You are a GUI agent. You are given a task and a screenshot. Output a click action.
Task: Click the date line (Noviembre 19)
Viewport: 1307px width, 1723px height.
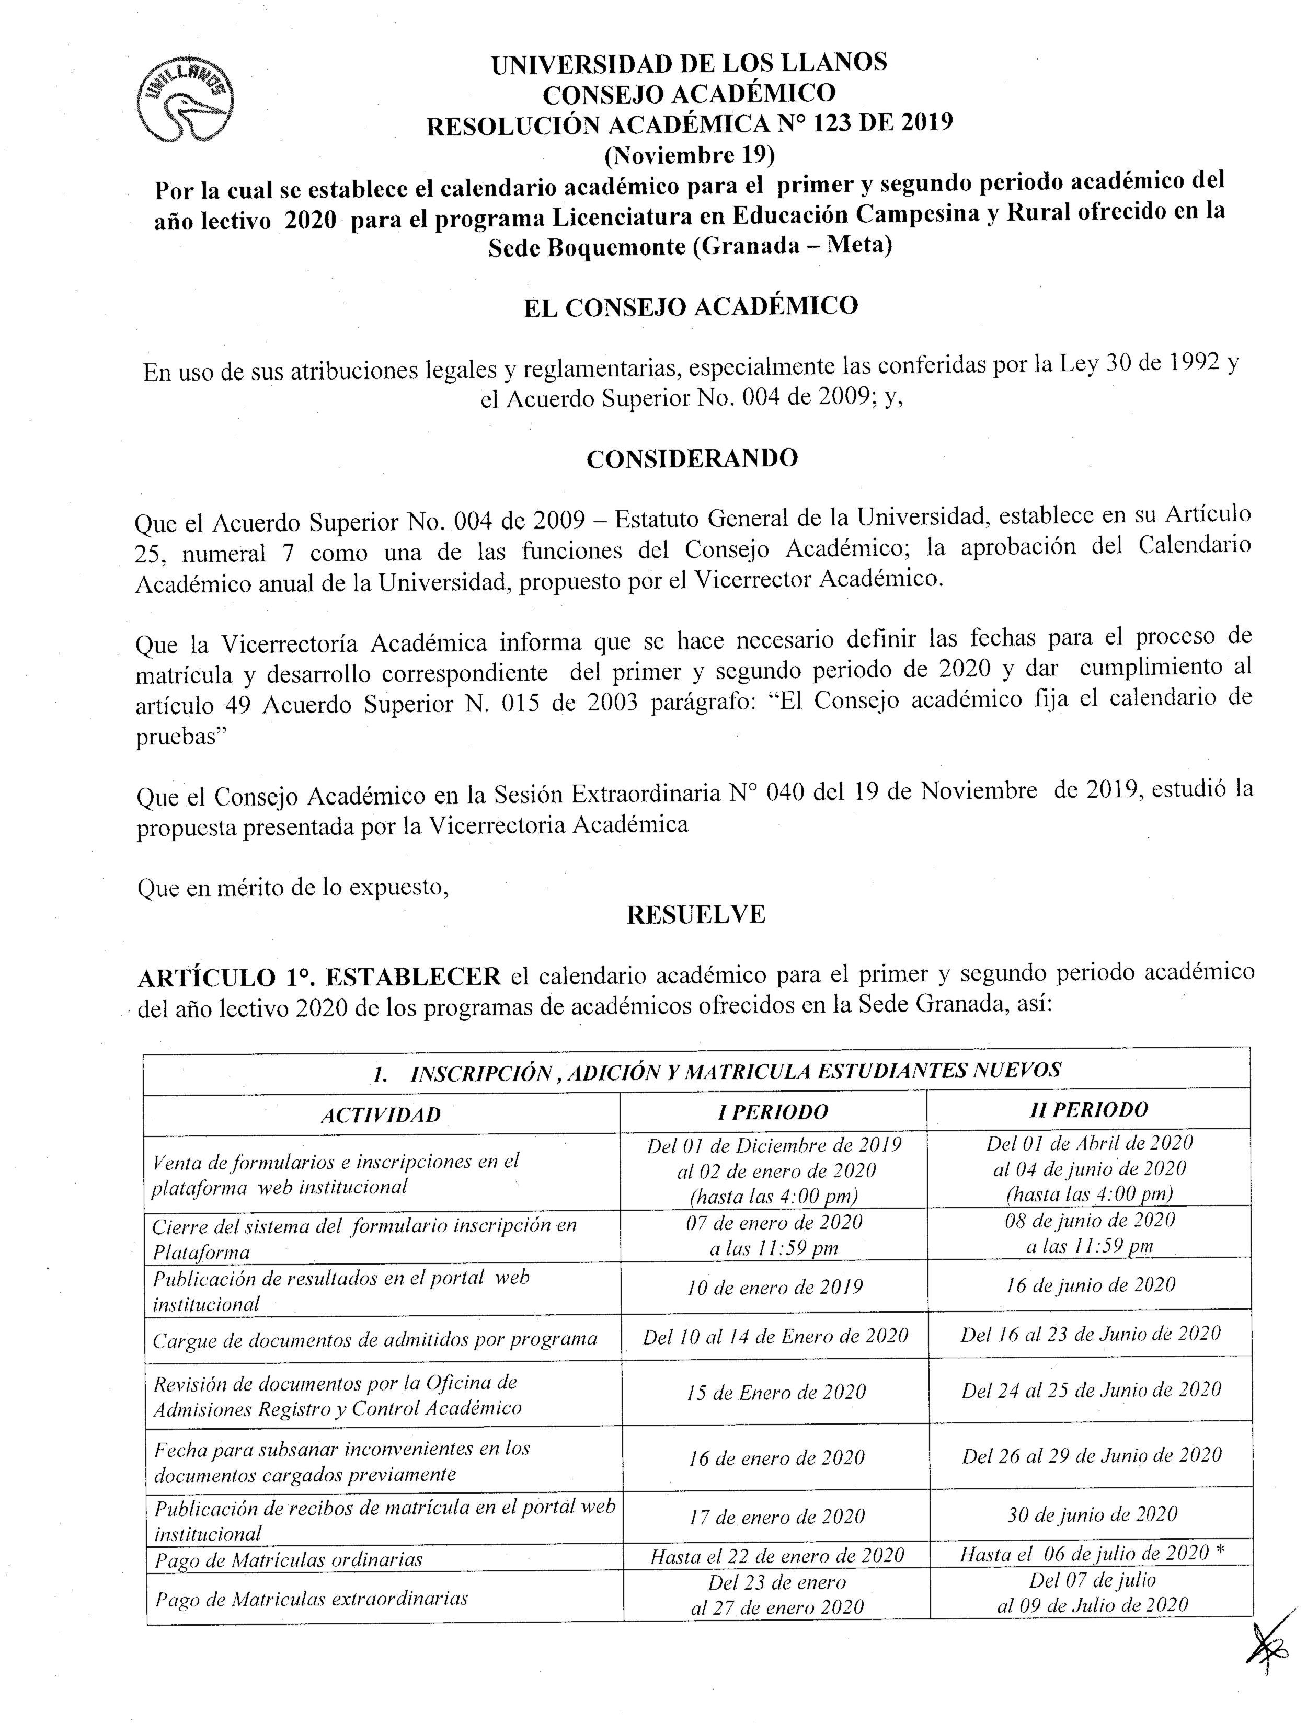click(690, 155)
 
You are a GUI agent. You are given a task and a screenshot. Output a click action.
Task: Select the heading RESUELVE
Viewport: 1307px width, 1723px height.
click(695, 914)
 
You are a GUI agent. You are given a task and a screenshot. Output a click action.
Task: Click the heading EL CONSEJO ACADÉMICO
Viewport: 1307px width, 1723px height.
click(691, 306)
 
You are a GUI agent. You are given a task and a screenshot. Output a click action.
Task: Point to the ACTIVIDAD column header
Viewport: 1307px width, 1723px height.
click(381, 1115)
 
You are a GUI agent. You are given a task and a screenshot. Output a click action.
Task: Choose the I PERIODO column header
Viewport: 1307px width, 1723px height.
click(773, 1111)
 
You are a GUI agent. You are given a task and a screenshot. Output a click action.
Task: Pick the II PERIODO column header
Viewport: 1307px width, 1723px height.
click(1088, 1109)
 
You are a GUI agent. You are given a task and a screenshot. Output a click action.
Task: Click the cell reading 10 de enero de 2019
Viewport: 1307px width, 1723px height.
click(774, 1288)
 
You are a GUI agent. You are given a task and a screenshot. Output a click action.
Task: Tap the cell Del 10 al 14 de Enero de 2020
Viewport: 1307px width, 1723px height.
click(775, 1337)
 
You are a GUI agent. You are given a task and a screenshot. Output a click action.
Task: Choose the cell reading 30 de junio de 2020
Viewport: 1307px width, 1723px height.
click(1091, 1514)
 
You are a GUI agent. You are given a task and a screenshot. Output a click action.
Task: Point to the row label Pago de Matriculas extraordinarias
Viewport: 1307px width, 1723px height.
click(312, 1599)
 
